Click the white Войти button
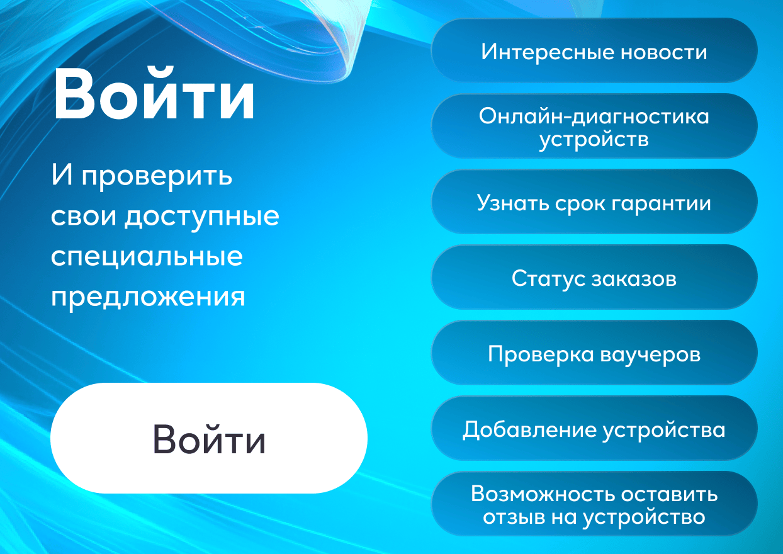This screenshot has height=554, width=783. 209,438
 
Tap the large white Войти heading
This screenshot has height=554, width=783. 154,94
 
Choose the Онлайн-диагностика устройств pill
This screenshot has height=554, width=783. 594,126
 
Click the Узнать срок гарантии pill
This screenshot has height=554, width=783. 594,201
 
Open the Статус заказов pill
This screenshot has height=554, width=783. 594,277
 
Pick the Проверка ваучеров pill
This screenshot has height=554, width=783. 594,353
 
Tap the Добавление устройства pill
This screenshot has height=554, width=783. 594,428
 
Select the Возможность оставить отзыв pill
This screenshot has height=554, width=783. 594,504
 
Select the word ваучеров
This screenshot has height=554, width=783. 651,356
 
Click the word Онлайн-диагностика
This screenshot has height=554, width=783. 594,116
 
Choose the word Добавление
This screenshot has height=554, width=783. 529,430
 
